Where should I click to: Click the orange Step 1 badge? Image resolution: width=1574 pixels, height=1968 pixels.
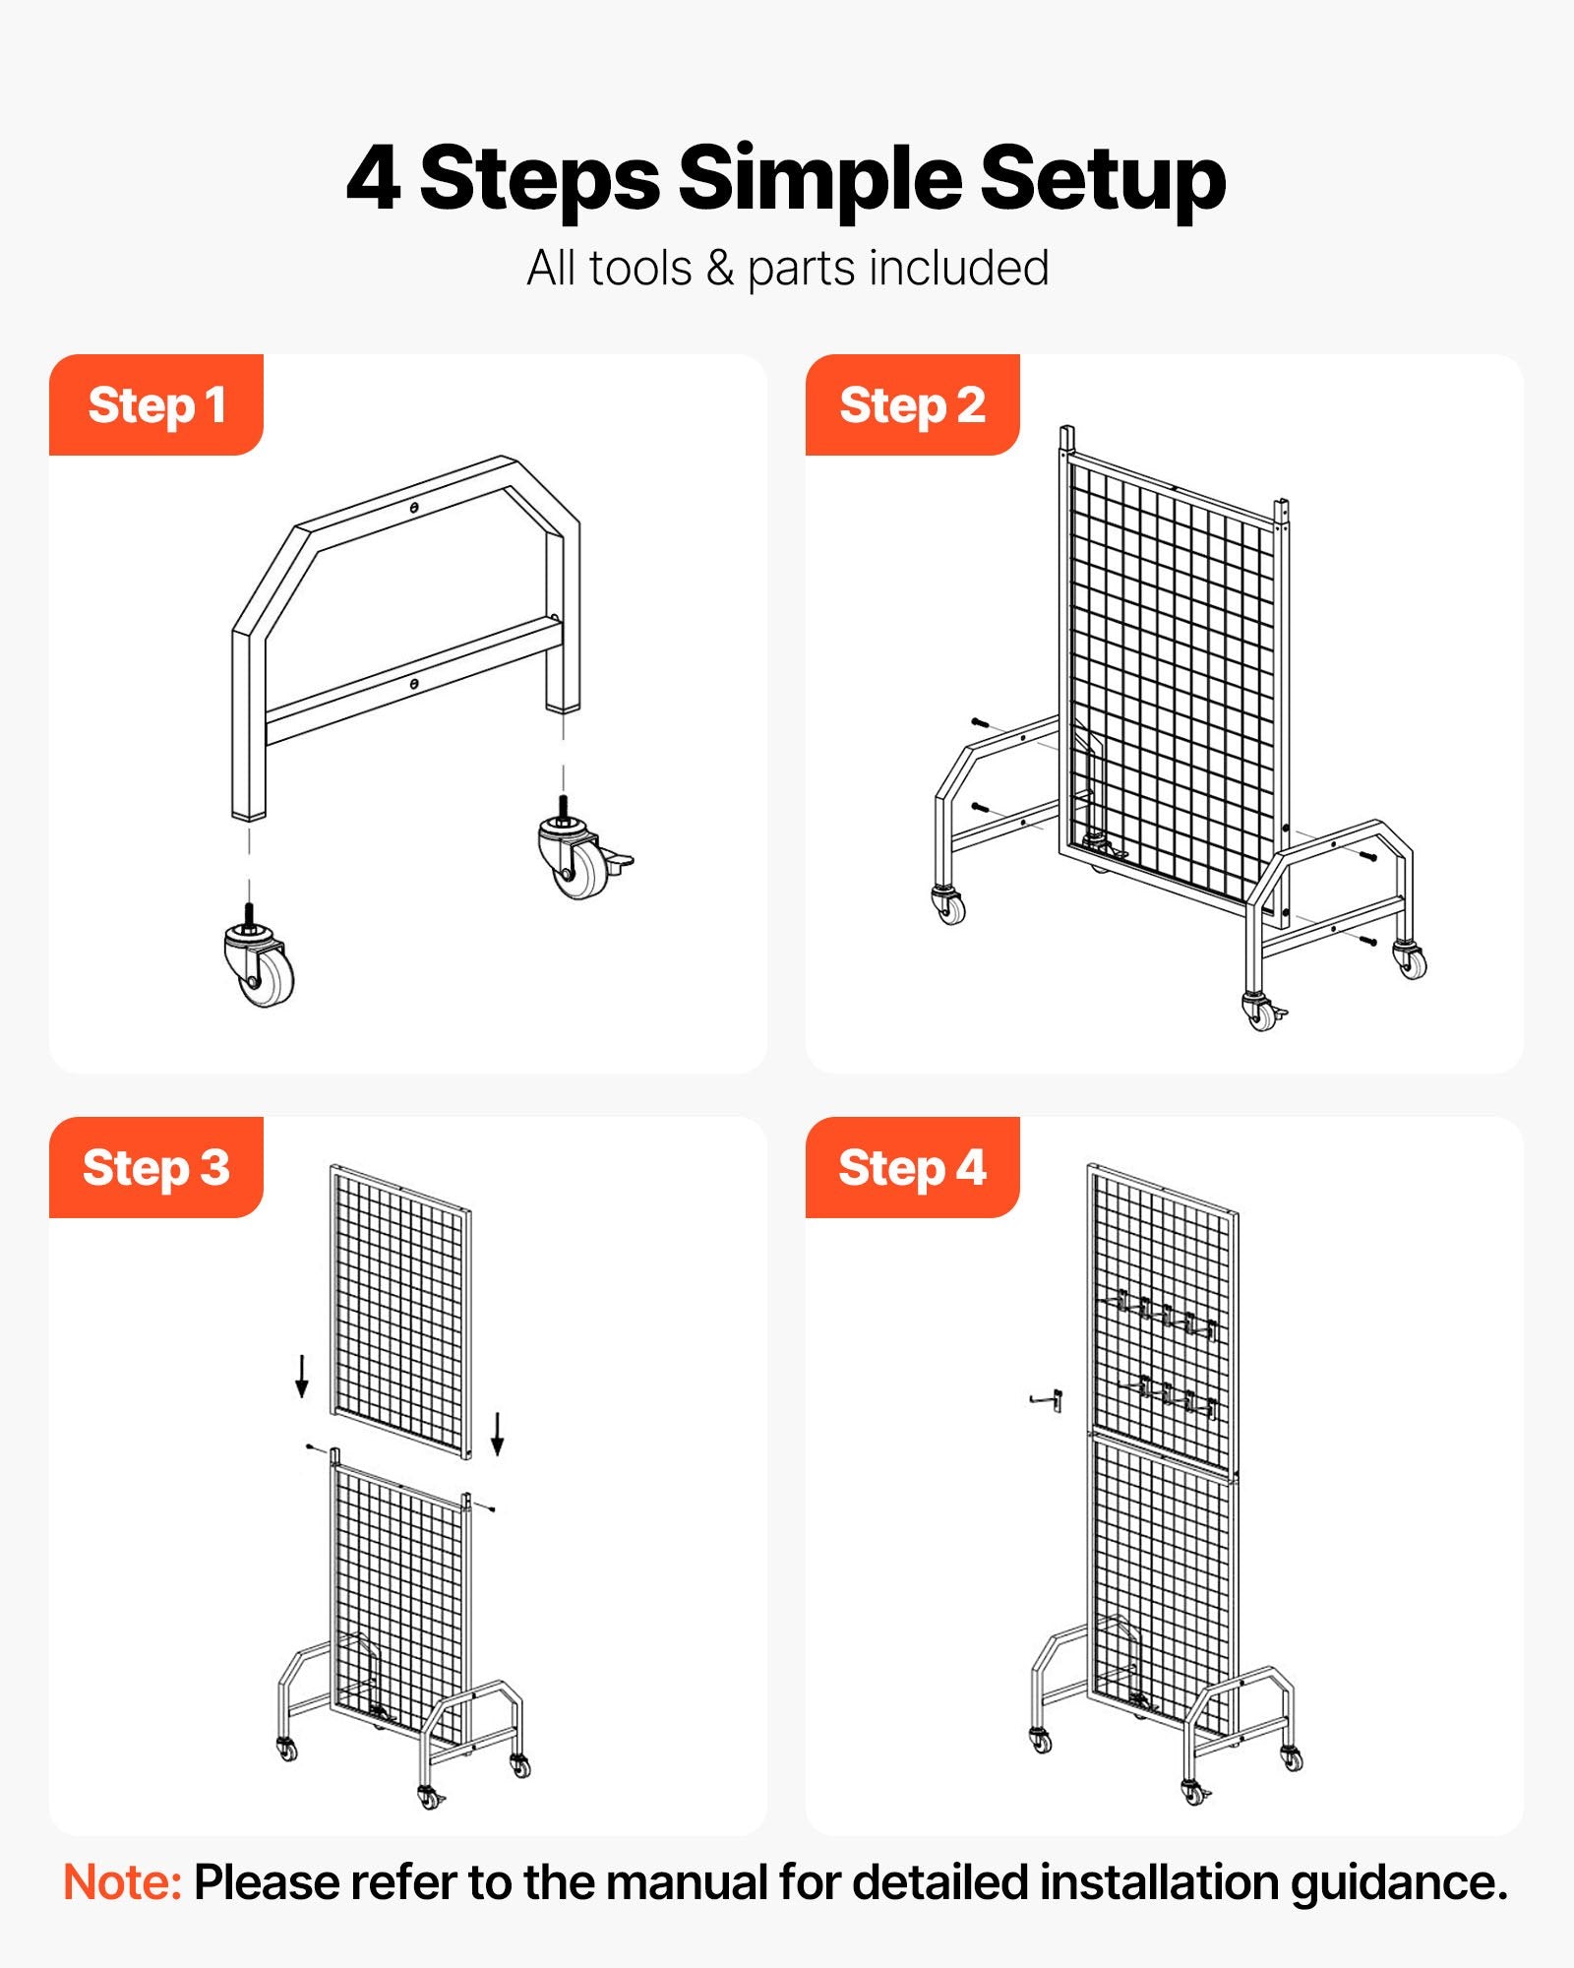pyautogui.click(x=155, y=405)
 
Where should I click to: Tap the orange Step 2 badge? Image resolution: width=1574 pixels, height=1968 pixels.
pyautogui.click(x=912, y=405)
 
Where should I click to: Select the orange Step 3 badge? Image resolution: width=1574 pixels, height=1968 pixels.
pyautogui.click(x=155, y=1168)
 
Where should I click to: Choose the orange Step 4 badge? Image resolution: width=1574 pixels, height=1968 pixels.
pyautogui.click(x=912, y=1168)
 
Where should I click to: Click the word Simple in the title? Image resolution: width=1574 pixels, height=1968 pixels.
pyautogui.click(x=818, y=179)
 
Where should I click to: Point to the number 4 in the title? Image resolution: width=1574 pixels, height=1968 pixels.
pyautogui.click(x=373, y=179)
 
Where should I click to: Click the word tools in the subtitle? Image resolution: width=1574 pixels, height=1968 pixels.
pyautogui.click(x=640, y=268)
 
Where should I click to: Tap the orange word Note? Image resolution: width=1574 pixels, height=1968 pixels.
pyautogui.click(x=122, y=1882)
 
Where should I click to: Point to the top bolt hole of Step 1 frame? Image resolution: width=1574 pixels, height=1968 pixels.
pyautogui.click(x=415, y=508)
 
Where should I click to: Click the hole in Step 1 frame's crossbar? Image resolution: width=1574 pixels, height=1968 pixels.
pyautogui.click(x=415, y=682)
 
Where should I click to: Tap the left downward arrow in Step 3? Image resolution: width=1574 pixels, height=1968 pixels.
pyautogui.click(x=302, y=1376)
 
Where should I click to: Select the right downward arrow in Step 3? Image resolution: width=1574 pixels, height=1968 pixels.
pyautogui.click(x=498, y=1434)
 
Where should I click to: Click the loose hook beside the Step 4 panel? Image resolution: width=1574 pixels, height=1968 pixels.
pyautogui.click(x=1048, y=1399)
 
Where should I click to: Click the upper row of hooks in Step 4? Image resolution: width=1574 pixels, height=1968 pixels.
pyautogui.click(x=1166, y=1314)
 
